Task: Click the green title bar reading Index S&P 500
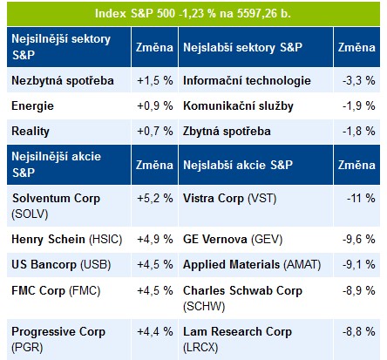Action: [193, 14]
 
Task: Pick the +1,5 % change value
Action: [155, 80]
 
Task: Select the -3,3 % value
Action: [359, 80]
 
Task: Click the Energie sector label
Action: [32, 106]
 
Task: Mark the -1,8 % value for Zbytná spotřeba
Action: [359, 131]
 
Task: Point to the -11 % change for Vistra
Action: [361, 198]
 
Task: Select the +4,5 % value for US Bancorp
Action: [155, 265]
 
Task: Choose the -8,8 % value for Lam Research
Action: [359, 331]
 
